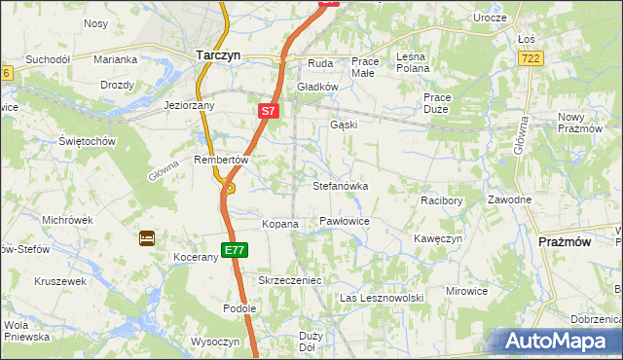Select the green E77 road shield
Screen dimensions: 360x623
coord(234,250)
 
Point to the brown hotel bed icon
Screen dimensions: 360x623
coord(147,237)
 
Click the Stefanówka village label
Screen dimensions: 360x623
coord(340,185)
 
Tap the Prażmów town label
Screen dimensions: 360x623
coord(566,241)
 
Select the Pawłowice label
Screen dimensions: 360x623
coord(344,222)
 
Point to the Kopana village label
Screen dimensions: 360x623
coord(280,224)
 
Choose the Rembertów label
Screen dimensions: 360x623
coord(223,160)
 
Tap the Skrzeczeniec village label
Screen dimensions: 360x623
coord(289,280)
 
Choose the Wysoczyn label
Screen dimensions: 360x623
coord(215,342)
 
